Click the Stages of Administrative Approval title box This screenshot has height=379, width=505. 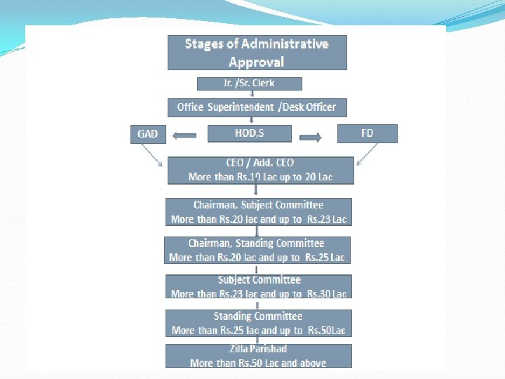click(257, 53)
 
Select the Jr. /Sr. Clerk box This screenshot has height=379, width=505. click(250, 84)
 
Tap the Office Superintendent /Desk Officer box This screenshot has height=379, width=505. click(257, 107)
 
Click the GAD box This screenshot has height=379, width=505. click(147, 133)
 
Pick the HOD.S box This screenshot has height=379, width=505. click(250, 133)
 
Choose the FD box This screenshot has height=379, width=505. click(367, 133)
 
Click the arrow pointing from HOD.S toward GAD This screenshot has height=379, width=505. click(184, 135)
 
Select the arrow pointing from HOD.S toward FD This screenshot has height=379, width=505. click(311, 137)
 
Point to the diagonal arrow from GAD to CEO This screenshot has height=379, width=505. click(150, 152)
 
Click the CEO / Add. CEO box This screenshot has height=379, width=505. click(260, 170)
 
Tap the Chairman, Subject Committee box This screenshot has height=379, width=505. click(258, 212)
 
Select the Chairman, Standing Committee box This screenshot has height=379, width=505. click(257, 250)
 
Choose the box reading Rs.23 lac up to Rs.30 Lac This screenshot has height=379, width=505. click(258, 286)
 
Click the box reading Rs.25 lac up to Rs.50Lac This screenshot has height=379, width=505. click(258, 323)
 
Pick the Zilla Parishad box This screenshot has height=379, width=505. click(258, 356)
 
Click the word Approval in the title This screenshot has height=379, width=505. click(257, 62)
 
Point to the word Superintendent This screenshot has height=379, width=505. click(240, 107)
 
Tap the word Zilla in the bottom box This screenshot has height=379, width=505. click(239, 349)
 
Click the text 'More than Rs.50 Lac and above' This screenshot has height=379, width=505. click(258, 363)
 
